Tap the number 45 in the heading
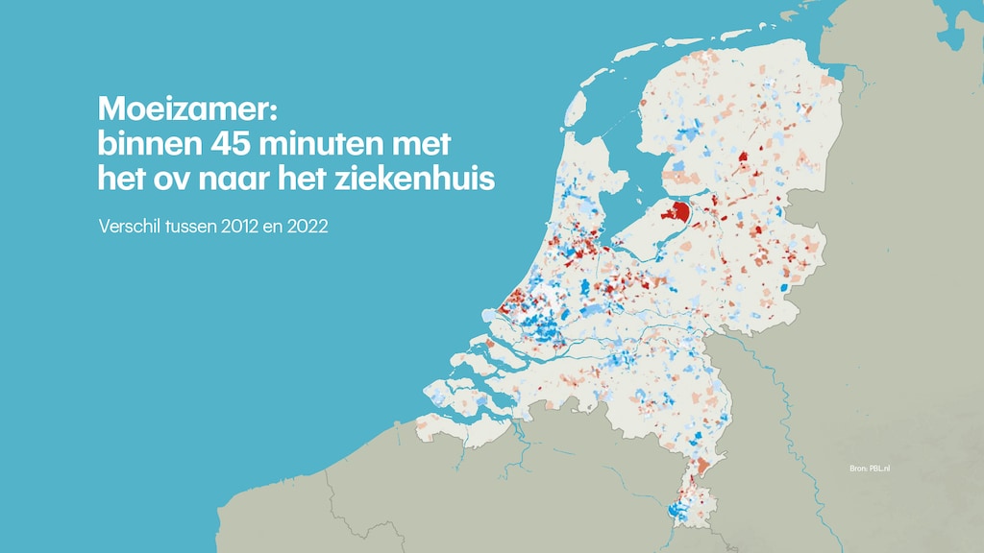(242, 144)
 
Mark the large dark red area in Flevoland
(680, 213)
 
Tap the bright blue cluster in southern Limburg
(678, 509)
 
